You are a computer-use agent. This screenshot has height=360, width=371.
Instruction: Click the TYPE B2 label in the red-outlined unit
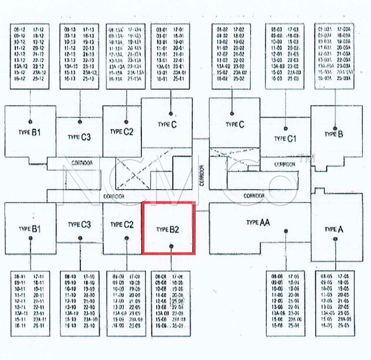point(167,229)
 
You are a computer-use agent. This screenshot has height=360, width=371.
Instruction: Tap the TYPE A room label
point(333,229)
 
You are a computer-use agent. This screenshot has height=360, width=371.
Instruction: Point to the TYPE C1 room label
point(284,138)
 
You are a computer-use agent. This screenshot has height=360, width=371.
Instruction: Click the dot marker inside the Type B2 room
point(171,247)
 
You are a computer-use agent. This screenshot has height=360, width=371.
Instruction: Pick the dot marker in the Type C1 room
point(285,125)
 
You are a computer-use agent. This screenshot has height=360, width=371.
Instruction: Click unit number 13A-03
point(277,66)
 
